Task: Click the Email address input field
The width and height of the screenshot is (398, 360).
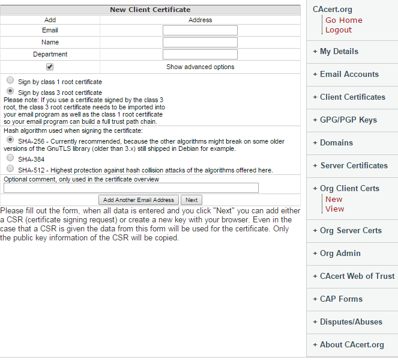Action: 200,30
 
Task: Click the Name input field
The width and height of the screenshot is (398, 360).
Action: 200,42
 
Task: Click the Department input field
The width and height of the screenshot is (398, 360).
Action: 200,54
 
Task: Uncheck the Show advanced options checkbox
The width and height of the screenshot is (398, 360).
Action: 50,67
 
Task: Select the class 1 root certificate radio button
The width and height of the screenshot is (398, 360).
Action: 10,80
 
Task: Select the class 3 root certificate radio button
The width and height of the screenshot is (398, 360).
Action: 10,91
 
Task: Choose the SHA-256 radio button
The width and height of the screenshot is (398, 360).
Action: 10,139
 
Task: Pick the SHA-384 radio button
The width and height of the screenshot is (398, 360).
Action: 10,158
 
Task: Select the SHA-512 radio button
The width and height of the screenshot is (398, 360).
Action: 10,169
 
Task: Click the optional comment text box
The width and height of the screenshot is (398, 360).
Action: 131,188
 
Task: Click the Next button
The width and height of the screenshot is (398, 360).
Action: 191,200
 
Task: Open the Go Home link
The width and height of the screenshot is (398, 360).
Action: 343,20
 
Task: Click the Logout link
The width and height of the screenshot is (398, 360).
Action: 339,30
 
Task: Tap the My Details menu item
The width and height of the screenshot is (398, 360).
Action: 339,52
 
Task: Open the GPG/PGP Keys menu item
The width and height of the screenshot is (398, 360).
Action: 348,120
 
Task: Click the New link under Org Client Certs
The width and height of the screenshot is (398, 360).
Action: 334,200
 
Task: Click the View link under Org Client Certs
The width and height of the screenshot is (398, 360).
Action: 335,209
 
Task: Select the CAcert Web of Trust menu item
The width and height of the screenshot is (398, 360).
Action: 357,276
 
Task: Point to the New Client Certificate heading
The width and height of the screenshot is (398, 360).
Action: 150,10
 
